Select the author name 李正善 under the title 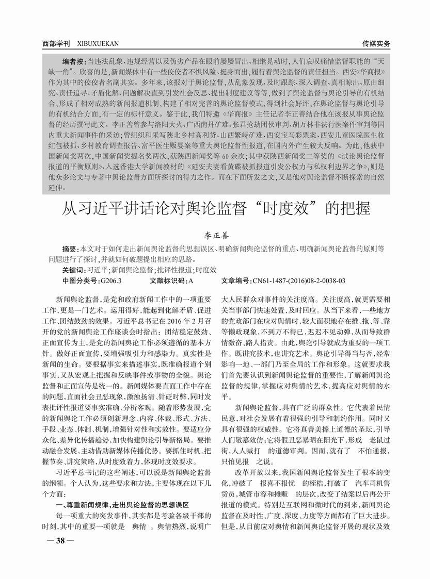(215, 235)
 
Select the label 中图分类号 (78, 281)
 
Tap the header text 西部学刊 (56, 43)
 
